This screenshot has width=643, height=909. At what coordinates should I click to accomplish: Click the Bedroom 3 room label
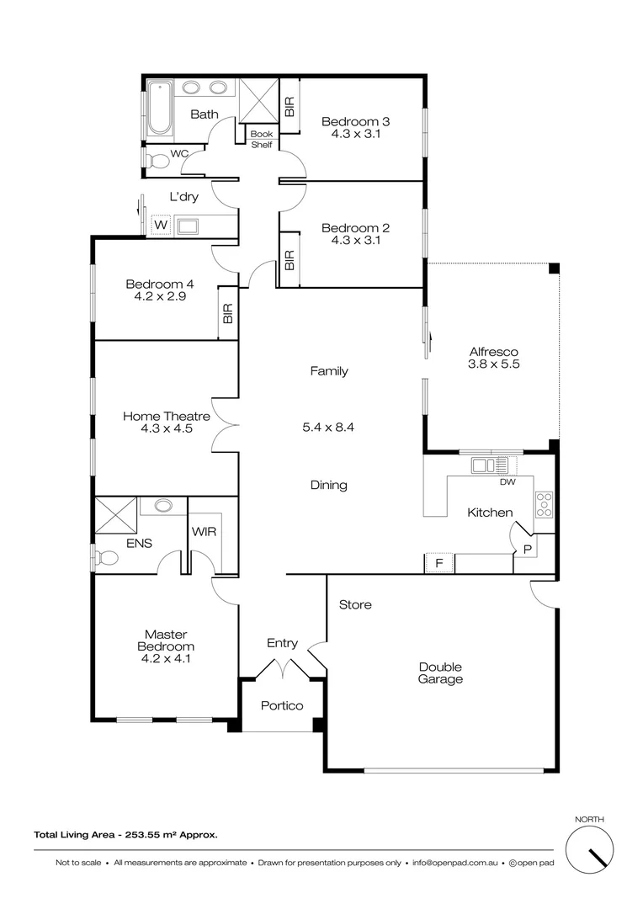tap(355, 121)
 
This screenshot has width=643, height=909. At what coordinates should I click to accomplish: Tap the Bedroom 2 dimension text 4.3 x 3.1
tap(355, 240)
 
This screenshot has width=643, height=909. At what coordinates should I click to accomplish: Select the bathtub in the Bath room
tap(158, 108)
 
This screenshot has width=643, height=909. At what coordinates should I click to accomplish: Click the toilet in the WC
tap(157, 160)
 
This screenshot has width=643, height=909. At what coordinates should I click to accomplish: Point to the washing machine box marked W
tap(160, 226)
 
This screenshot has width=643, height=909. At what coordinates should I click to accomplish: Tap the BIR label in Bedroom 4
tap(227, 314)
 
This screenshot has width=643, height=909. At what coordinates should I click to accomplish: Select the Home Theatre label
tap(166, 416)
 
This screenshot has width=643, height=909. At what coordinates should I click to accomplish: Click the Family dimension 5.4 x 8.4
tap(328, 427)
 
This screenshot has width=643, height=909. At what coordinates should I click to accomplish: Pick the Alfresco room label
tap(492, 352)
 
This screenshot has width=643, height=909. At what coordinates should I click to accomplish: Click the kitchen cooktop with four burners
tap(544, 503)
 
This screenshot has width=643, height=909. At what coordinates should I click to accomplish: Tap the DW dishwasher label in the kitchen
tap(507, 482)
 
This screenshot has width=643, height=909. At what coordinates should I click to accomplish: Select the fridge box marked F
tap(438, 563)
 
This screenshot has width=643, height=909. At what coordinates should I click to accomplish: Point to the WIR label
tap(205, 532)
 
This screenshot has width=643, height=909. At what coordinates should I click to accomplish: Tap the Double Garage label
tap(441, 672)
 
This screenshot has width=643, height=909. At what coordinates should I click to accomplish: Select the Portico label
tap(281, 705)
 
